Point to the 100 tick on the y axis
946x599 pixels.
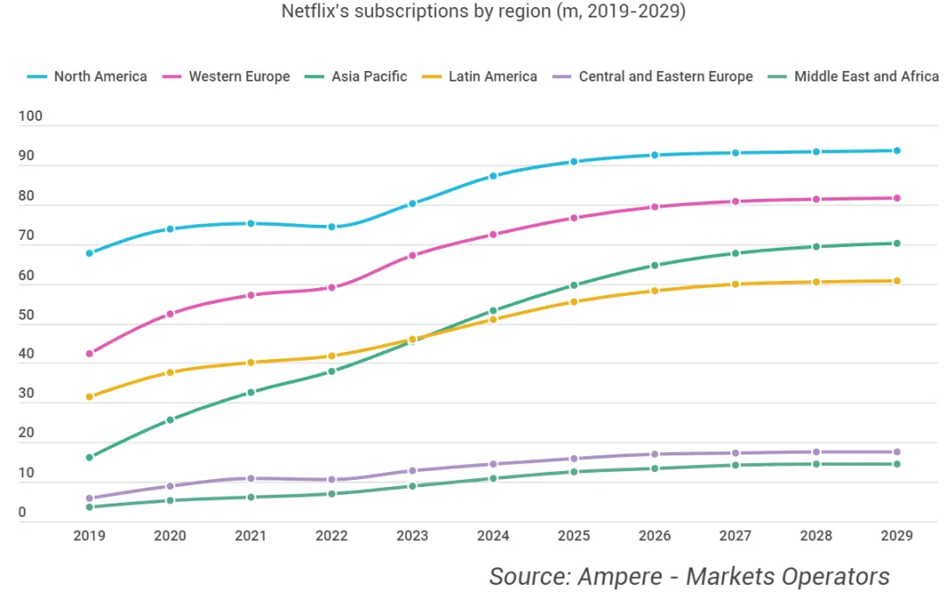coord(30,116)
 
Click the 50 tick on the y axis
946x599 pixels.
coord(26,314)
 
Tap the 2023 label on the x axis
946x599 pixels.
coord(412,535)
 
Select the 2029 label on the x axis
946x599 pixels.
coord(896,535)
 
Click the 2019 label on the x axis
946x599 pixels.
coord(89,535)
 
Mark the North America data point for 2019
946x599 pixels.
coord(89,253)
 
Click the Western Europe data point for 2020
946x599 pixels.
coord(170,314)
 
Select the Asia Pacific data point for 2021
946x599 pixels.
coord(251,392)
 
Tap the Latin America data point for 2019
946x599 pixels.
coord(89,397)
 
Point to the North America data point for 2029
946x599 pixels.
coord(896,151)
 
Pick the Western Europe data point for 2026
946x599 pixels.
coord(654,207)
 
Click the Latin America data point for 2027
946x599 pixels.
coord(735,284)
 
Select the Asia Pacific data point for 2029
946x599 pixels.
coord(896,243)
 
